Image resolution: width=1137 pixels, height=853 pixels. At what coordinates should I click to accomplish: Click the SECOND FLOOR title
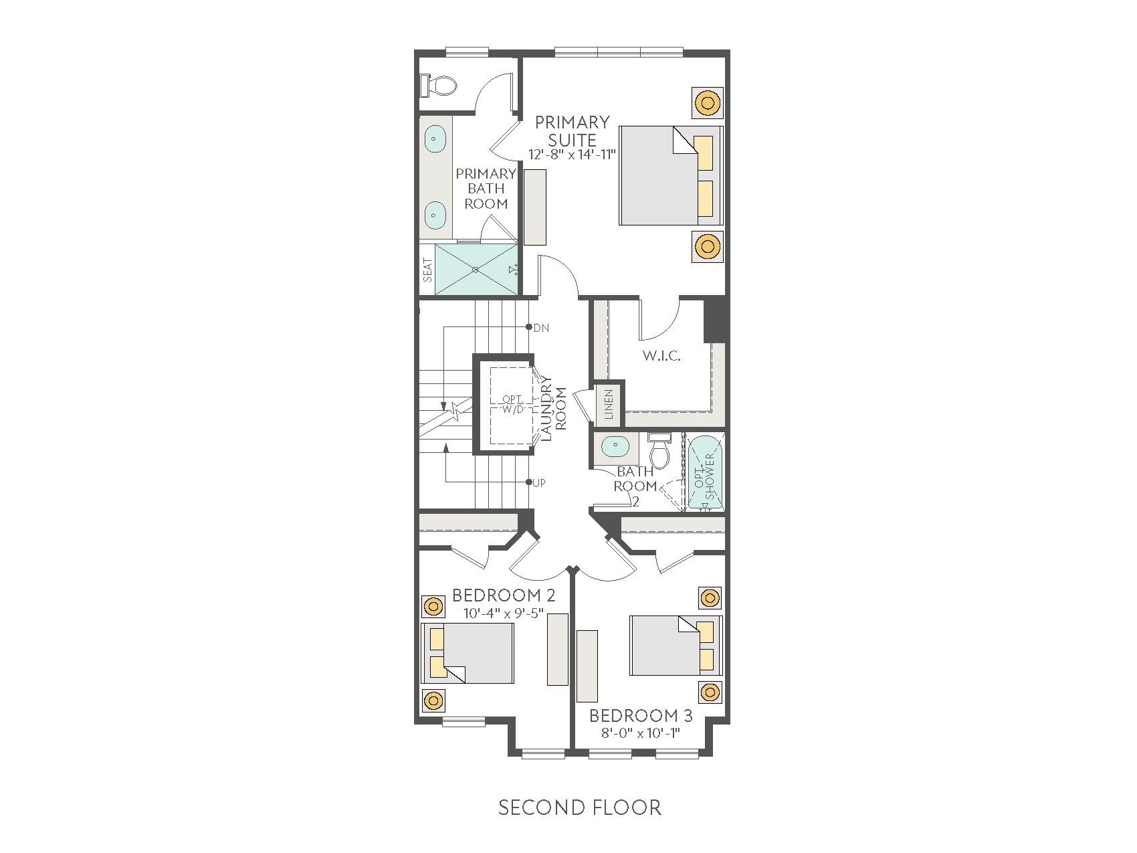[x=580, y=808]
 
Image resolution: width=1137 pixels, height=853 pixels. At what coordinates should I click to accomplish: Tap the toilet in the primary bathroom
[x=438, y=85]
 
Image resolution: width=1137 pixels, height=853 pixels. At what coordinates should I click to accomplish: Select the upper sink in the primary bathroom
[x=435, y=139]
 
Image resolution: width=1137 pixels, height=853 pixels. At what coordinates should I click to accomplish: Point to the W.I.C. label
[x=661, y=356]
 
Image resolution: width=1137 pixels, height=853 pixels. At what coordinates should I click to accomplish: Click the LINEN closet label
[x=609, y=404]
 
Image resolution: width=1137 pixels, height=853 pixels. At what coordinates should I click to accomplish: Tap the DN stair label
[x=541, y=328]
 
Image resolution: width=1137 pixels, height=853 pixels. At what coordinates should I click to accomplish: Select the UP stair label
[x=539, y=482]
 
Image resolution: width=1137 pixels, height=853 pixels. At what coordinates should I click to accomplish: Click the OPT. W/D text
[x=513, y=404]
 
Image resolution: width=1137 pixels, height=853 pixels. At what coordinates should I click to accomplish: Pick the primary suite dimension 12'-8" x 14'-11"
[x=572, y=155]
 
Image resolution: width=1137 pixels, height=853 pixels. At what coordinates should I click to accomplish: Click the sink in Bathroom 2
[x=613, y=446]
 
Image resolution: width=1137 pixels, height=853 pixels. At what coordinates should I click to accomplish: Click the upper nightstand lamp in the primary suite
[x=706, y=103]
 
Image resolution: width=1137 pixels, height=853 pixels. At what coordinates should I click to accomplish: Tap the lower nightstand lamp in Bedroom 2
[x=433, y=700]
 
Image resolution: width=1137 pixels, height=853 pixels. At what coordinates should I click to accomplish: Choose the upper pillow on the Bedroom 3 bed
[x=706, y=632]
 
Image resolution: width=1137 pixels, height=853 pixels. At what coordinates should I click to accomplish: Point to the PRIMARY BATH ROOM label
[x=486, y=189]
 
